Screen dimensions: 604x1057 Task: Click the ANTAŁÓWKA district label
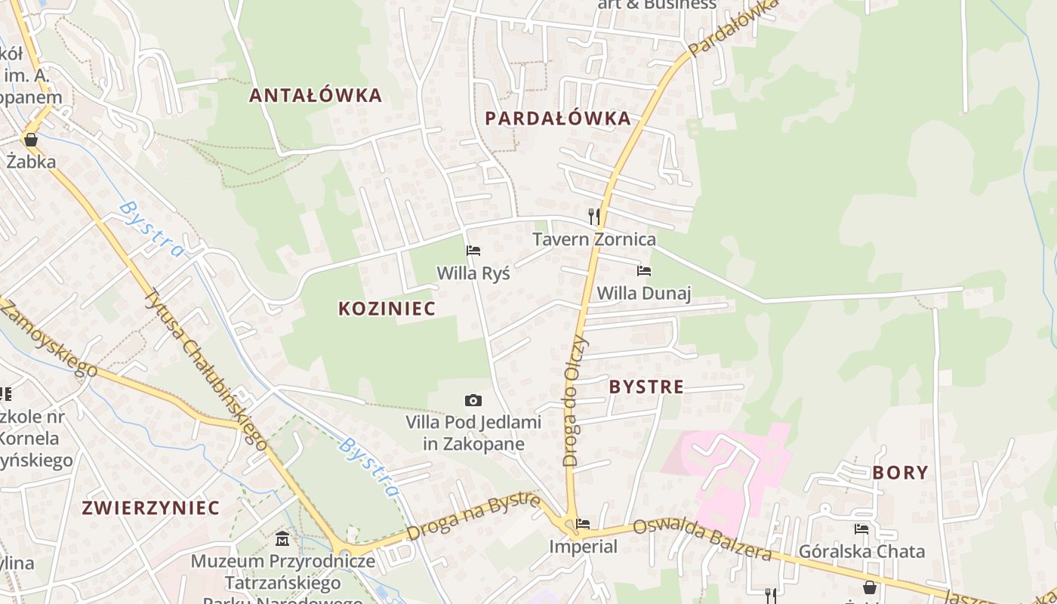(316, 96)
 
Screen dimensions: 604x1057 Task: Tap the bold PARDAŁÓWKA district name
(558, 119)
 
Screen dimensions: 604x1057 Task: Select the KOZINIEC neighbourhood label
(387, 309)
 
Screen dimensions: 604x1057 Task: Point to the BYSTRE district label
(646, 387)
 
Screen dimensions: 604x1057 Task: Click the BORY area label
(900, 473)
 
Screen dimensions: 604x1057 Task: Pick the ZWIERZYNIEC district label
(151, 508)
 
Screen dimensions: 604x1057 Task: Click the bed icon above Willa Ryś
(473, 251)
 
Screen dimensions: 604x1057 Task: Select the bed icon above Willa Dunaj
(644, 271)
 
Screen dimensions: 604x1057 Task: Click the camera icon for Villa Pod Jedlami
(473, 400)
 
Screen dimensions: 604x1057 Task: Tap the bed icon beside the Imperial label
(583, 523)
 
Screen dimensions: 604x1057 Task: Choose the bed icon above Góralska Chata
(861, 529)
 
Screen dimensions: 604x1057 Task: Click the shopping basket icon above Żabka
(31, 140)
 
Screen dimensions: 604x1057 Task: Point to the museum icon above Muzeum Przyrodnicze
(282, 538)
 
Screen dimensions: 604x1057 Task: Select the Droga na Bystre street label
(474, 517)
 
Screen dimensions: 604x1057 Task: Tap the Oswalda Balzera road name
(702, 540)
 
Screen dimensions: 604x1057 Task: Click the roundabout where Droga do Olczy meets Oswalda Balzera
(569, 524)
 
